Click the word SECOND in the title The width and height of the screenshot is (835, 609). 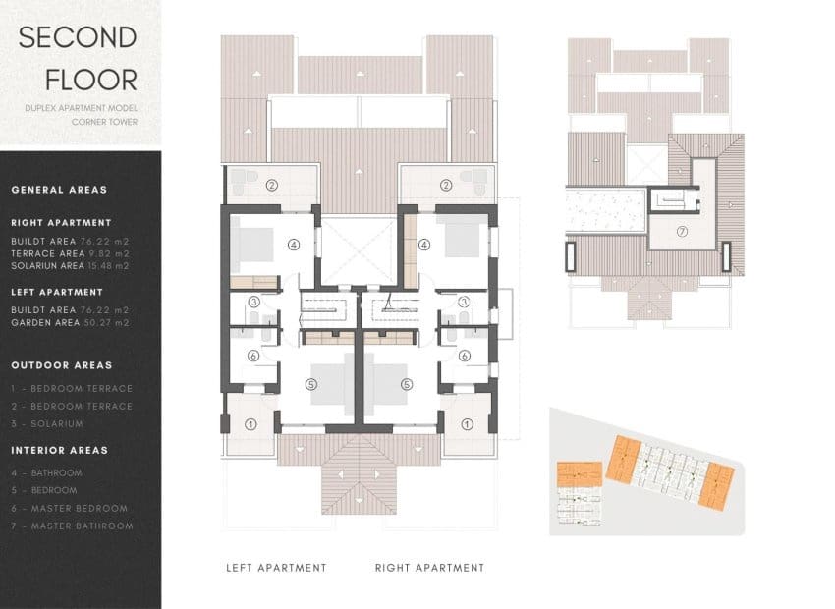[78, 38]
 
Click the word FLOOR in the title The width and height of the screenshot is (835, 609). [78, 80]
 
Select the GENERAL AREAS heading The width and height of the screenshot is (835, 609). [59, 190]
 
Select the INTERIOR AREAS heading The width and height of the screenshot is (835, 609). [60, 450]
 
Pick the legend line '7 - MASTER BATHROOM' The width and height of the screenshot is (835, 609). [72, 526]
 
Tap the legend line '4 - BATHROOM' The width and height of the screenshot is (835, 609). [46, 472]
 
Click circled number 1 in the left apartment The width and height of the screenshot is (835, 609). [250, 424]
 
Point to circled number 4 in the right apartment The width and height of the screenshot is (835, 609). [424, 245]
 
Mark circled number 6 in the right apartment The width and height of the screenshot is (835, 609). [464, 356]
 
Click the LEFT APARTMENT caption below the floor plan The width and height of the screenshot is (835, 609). [276, 568]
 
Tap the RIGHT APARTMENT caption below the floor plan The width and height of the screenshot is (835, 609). [429, 568]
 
